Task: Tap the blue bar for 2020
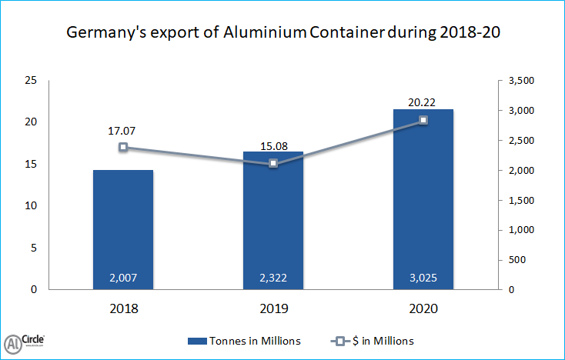coord(423,199)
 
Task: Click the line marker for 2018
coord(123,147)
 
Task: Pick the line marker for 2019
coord(273,163)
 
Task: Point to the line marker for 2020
coord(423,120)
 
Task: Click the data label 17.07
coord(123,129)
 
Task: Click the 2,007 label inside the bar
coord(123,277)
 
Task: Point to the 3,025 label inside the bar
coord(423,277)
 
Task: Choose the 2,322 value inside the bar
coord(273,277)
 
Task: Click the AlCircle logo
coord(24,342)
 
